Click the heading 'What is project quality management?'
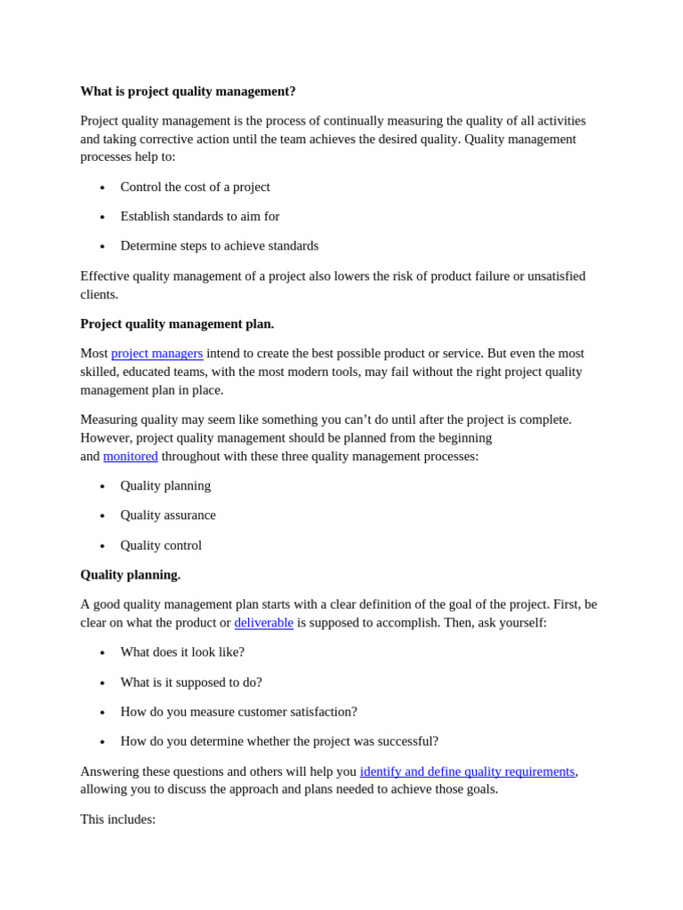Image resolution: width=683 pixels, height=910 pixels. click(188, 91)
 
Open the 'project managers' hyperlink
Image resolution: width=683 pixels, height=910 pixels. click(157, 353)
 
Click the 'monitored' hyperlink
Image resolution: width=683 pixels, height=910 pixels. click(130, 456)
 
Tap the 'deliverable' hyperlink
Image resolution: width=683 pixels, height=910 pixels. click(263, 622)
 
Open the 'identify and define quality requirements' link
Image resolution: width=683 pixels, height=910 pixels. click(467, 770)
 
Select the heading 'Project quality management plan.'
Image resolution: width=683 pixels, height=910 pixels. click(177, 323)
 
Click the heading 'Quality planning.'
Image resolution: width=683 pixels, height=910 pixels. click(130, 574)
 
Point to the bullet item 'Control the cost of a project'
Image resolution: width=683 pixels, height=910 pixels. click(195, 187)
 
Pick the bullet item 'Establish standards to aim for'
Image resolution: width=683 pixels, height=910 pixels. click(199, 216)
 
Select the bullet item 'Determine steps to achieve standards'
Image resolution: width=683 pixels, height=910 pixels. click(219, 245)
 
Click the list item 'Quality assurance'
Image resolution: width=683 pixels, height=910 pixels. click(167, 515)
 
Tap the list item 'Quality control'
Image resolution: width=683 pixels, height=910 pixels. click(161, 545)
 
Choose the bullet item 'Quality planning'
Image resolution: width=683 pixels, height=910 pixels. click(165, 485)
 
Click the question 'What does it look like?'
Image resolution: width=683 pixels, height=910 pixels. click(181, 651)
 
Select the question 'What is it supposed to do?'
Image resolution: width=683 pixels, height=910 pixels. click(190, 682)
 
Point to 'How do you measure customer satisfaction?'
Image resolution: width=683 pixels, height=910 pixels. click(238, 711)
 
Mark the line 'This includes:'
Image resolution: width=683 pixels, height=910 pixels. click(117, 818)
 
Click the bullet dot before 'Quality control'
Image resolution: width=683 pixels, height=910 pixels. click(102, 547)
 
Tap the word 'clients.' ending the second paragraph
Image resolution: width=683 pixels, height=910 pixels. click(99, 294)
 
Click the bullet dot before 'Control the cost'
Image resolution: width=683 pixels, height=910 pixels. click(102, 188)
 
